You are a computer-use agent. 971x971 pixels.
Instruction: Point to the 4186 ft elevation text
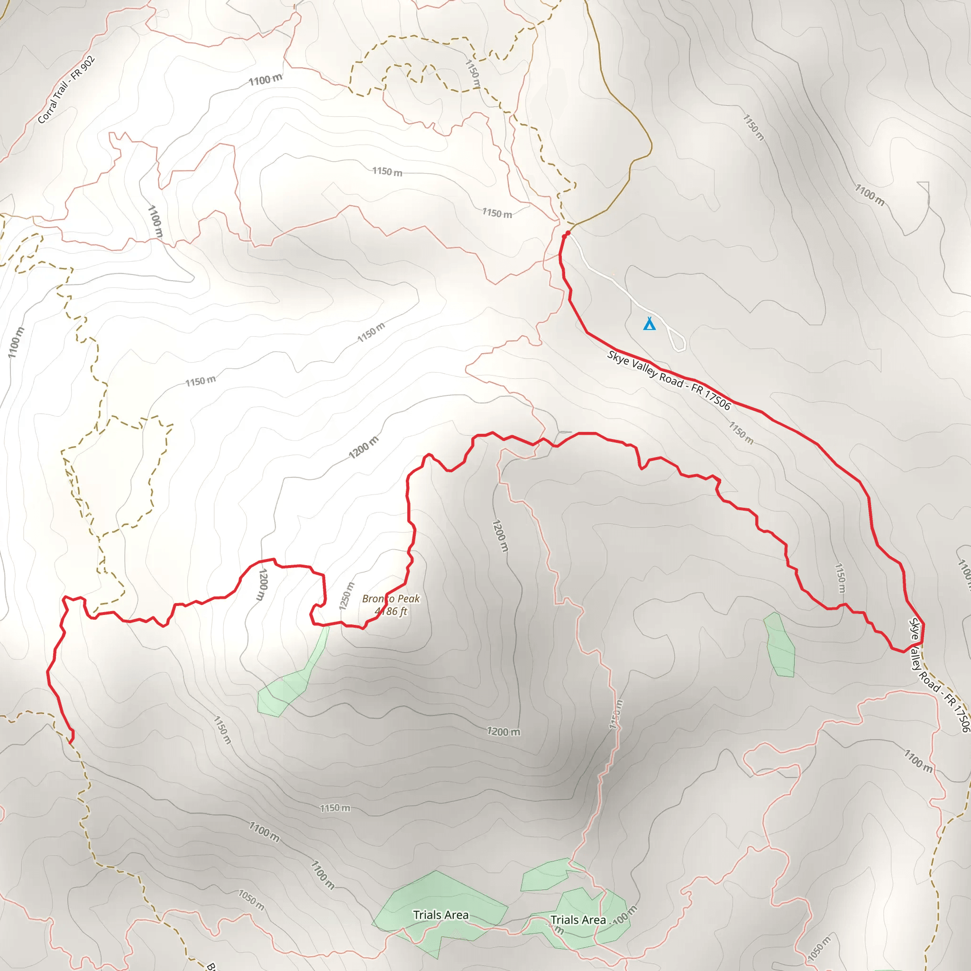click(x=391, y=612)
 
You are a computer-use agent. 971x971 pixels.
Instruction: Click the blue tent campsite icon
click(x=650, y=324)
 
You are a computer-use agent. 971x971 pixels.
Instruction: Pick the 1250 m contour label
click(x=347, y=596)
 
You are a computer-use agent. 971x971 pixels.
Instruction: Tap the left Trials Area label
click(x=441, y=915)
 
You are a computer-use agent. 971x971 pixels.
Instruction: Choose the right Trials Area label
click(x=578, y=920)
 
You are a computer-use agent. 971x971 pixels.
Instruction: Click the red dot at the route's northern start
click(x=568, y=233)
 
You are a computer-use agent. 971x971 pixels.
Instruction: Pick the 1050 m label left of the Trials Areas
click(x=251, y=899)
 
